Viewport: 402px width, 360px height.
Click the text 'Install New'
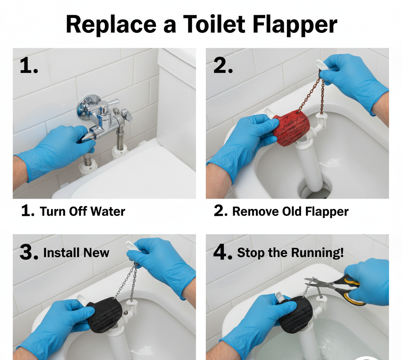tap(76, 253)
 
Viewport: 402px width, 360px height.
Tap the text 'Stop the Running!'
tap(290, 253)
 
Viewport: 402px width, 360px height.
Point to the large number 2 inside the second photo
tap(223, 66)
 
